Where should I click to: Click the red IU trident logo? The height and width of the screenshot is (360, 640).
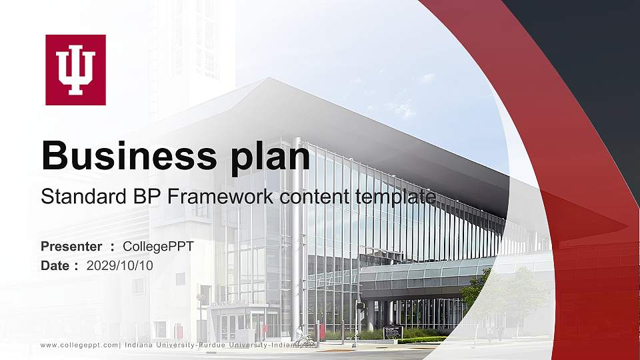click(x=75, y=70)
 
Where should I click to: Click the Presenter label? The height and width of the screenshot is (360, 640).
click(x=71, y=247)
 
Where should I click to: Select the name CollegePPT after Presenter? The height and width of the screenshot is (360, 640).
click(x=159, y=247)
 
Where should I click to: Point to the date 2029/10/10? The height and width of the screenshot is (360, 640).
click(x=120, y=265)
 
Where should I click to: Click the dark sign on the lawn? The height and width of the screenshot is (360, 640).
click(x=393, y=332)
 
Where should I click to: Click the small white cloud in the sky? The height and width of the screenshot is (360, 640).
click(x=403, y=107)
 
